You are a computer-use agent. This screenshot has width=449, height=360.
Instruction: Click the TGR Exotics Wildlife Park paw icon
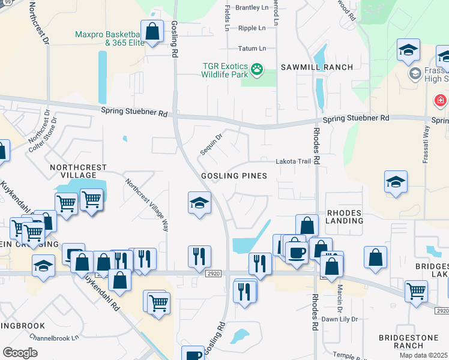[257, 70]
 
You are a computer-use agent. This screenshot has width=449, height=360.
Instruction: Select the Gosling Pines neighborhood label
[234, 176]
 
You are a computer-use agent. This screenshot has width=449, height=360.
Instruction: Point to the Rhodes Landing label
[345, 217]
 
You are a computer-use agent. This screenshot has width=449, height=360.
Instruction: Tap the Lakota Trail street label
[294, 161]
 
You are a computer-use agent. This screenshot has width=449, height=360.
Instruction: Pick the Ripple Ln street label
[252, 28]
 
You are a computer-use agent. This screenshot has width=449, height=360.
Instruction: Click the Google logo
[20, 352]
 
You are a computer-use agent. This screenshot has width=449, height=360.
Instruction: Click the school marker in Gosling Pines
[199, 203]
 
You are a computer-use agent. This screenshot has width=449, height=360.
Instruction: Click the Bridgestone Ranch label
[409, 342]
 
